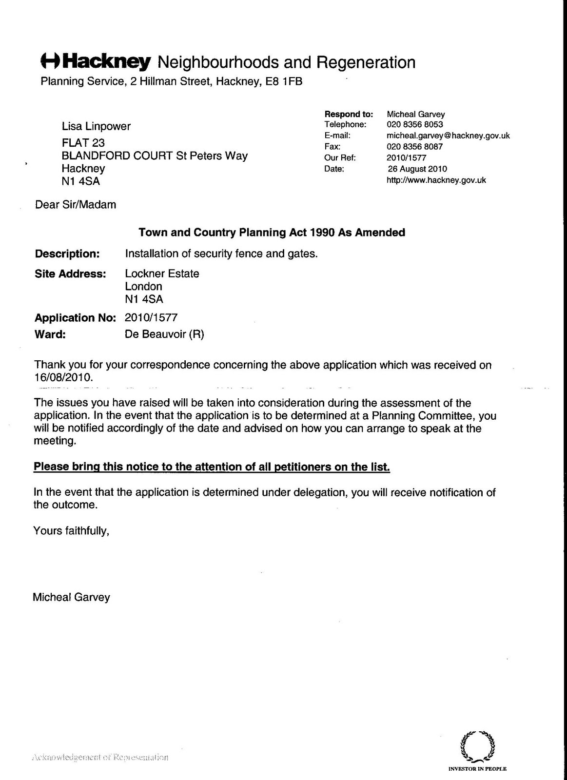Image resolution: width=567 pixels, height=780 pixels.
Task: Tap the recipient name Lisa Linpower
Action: point(96,127)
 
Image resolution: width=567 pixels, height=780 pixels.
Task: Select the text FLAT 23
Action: point(83,143)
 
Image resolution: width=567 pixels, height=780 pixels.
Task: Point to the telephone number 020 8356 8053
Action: point(415,124)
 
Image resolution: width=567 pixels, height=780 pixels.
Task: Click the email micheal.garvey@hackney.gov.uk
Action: point(448,136)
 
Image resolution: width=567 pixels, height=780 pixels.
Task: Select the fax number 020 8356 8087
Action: point(415,146)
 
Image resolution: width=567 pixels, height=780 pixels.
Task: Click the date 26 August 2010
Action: point(417,169)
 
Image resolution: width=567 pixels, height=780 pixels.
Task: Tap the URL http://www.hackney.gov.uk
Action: point(436,180)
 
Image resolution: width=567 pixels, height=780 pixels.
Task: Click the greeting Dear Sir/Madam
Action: point(76,205)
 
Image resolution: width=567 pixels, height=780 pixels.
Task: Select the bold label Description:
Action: point(67,254)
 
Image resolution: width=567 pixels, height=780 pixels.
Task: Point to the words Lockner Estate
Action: point(162,273)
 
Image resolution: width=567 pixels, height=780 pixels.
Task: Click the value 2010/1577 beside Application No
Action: point(151,318)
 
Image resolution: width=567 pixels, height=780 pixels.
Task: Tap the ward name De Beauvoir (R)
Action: point(164,334)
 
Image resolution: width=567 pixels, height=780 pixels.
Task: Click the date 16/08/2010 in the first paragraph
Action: point(62,377)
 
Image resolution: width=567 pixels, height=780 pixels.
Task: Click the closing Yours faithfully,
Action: point(71,530)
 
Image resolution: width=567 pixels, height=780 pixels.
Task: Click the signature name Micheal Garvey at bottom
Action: point(71,597)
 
